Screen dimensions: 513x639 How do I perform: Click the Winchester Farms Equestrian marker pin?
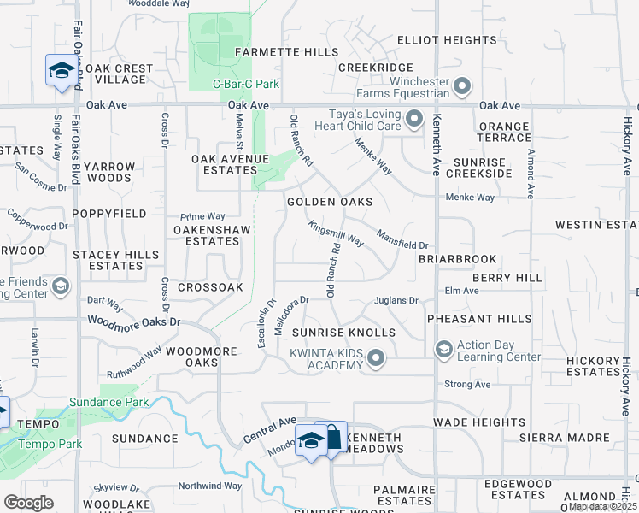pyautogui.click(x=462, y=85)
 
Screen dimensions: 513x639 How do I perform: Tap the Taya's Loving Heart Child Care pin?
pyautogui.click(x=415, y=119)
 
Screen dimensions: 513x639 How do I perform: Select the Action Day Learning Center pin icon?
pyautogui.click(x=443, y=349)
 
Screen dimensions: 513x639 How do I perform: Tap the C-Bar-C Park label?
pyautogui.click(x=246, y=85)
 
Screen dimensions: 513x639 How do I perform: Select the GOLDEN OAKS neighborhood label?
pyautogui.click(x=330, y=203)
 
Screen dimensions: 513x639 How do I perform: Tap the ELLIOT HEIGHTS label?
pyautogui.click(x=447, y=40)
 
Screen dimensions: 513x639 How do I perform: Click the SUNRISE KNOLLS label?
pyautogui.click(x=343, y=332)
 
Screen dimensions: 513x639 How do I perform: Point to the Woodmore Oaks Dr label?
pyautogui.click(x=135, y=321)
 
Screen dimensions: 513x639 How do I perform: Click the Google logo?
pyautogui.click(x=28, y=503)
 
